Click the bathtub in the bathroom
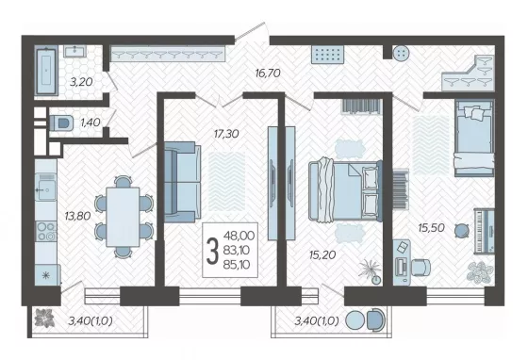click(x=47, y=71)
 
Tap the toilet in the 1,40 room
click(x=61, y=123)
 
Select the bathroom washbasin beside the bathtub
click(x=75, y=51)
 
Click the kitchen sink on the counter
click(x=46, y=187)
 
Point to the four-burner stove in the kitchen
click(x=46, y=232)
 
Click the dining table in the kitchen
click(x=123, y=217)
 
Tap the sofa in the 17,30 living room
click(x=182, y=182)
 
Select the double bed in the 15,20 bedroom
click(x=345, y=190)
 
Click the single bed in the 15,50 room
click(x=474, y=138)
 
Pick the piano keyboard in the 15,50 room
click(x=484, y=231)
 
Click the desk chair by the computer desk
click(x=421, y=268)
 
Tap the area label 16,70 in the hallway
click(x=268, y=73)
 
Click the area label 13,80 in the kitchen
click(x=77, y=216)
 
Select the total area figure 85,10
click(x=237, y=265)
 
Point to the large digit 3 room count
click(x=212, y=251)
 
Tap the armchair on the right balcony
click(x=375, y=320)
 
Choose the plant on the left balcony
click(x=44, y=318)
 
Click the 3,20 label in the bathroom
click(x=81, y=82)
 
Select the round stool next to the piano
click(x=462, y=231)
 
